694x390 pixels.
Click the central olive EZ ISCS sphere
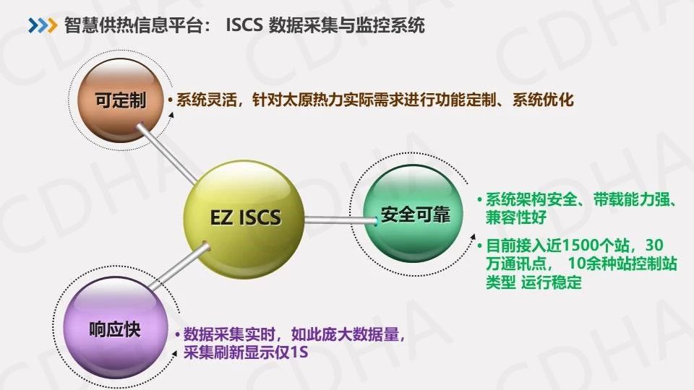coord(244,219)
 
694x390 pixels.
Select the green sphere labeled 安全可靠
coord(413,214)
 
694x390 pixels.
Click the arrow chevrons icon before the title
coord(43,25)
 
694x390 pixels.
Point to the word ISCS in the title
coord(244,25)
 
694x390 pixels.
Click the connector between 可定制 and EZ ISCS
coord(167,153)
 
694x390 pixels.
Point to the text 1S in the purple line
coord(299,352)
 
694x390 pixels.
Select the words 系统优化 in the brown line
coord(543,100)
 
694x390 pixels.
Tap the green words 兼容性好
coord(516,217)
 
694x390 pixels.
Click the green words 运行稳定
coord(551,282)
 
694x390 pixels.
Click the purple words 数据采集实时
coord(229,334)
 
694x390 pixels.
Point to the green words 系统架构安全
coord(531,199)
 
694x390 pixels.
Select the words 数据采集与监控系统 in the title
coord(346,25)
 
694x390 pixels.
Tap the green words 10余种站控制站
coord(622,264)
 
